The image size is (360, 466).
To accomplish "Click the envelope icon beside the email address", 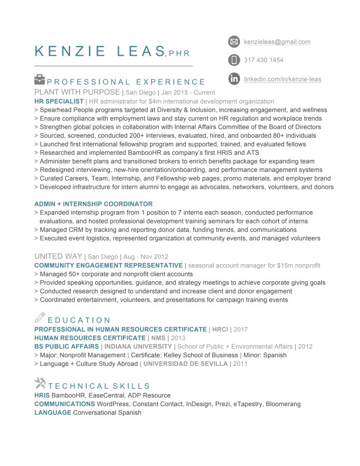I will pos(234,42).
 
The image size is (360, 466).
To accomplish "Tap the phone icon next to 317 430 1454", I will pos(234,60).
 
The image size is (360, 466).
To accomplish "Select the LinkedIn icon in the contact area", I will pos(234,79).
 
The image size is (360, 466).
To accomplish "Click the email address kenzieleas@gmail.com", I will pos(277,42).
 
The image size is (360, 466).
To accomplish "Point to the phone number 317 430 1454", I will pos(264,60).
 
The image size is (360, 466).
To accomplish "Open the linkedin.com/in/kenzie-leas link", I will pos(282,79).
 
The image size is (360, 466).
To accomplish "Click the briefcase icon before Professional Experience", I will pos(39,79).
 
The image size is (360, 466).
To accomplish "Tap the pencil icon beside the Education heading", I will pos(40,318).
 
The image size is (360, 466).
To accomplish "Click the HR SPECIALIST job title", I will pos(59,102).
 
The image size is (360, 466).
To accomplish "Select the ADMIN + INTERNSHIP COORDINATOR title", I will pos(94,204).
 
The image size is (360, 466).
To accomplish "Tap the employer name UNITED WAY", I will pos(58,257).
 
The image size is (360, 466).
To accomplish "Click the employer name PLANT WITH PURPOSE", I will pos(76,93).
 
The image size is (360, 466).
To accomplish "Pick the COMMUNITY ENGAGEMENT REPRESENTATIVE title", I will pos(108,266).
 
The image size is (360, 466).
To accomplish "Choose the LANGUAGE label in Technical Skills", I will pos(53,412).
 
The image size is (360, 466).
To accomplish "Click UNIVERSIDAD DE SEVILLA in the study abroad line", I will pos(185,364).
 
